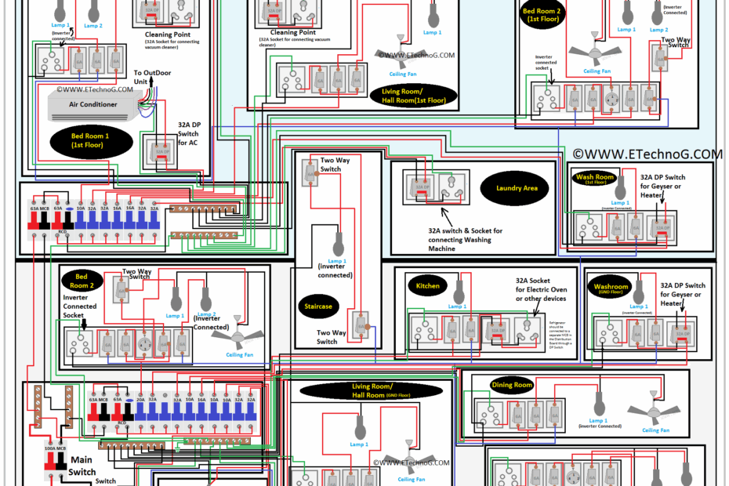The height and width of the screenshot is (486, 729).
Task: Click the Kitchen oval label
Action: click(428, 285)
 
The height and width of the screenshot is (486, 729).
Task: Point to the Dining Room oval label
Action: click(511, 385)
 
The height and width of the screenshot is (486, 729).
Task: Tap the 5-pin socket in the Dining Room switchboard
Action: click(492, 413)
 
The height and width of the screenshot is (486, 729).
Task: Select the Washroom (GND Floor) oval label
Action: click(611, 287)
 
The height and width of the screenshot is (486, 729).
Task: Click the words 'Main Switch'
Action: click(82, 466)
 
